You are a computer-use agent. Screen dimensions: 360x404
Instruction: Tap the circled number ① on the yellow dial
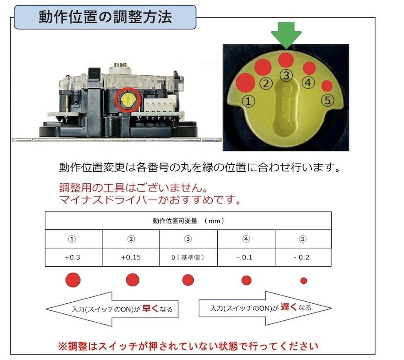[249, 101]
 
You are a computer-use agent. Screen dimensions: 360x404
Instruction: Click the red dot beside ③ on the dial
[286, 60]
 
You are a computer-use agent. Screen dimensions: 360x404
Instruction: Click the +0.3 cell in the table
[73, 257]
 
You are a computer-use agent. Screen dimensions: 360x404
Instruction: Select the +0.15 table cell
[131, 257]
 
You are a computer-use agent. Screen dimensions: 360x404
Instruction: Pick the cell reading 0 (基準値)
[188, 257]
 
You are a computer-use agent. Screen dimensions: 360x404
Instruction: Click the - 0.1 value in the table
[246, 257]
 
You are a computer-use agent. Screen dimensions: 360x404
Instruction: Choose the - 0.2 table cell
[303, 257]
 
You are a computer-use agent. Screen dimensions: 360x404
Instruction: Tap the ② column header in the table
[131, 239]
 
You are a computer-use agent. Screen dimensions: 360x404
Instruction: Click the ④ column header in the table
[246, 239]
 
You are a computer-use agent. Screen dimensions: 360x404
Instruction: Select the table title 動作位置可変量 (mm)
[188, 221]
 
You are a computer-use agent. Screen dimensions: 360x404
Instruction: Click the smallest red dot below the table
[303, 280]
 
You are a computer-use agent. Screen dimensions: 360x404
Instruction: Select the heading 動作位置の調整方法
[105, 18]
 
